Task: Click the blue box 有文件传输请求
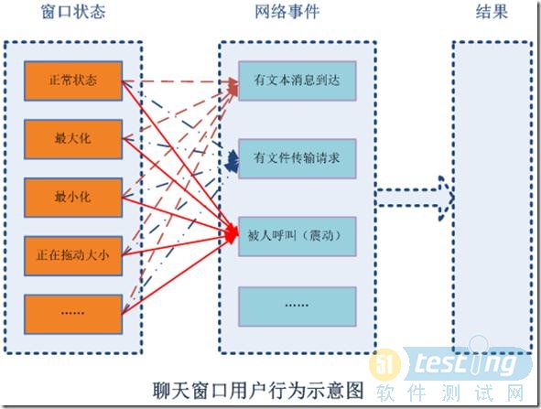[298, 157]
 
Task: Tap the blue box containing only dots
[296, 303]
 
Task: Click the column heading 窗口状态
[72, 14]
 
